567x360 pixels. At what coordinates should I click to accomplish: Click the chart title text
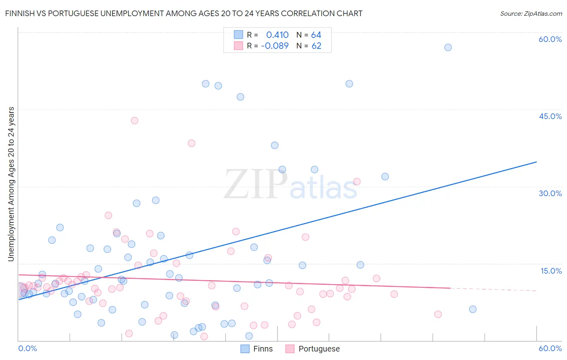[183, 13]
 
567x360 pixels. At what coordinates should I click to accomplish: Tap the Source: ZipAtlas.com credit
[531, 13]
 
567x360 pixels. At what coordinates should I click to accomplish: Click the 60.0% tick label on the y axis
[550, 39]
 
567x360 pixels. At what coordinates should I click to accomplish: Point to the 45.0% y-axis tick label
[550, 116]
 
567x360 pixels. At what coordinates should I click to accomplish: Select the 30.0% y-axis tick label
[550, 193]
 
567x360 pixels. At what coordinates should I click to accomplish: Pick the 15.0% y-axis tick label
[551, 271]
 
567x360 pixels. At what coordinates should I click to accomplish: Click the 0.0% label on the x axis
[27, 348]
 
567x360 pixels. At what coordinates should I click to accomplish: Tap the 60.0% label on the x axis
[550, 348]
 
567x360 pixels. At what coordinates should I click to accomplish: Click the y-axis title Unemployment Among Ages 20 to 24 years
[11, 184]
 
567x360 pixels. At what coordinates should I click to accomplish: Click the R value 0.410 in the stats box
[277, 35]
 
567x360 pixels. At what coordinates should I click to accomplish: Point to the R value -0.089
[275, 46]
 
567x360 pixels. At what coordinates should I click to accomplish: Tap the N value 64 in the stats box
[316, 35]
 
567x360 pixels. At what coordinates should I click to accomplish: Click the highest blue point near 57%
[448, 47]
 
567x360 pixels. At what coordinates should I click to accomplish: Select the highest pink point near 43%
[135, 121]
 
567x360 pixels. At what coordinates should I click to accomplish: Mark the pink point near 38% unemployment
[192, 143]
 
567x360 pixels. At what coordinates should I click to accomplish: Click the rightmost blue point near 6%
[473, 309]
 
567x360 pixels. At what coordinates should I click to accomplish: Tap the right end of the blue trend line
[536, 162]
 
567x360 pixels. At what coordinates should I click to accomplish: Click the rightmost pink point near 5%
[438, 314]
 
